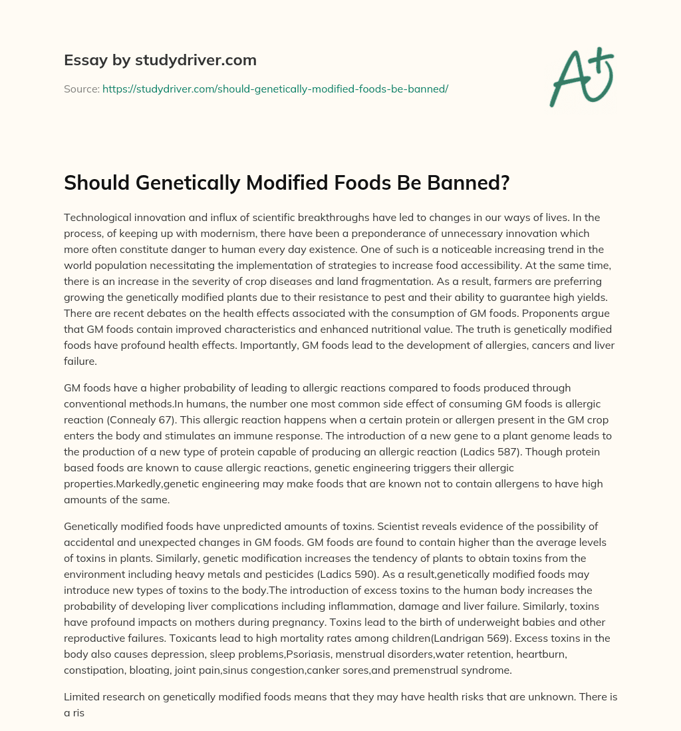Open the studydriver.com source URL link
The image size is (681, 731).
275,89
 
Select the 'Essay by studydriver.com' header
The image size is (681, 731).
160,61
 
